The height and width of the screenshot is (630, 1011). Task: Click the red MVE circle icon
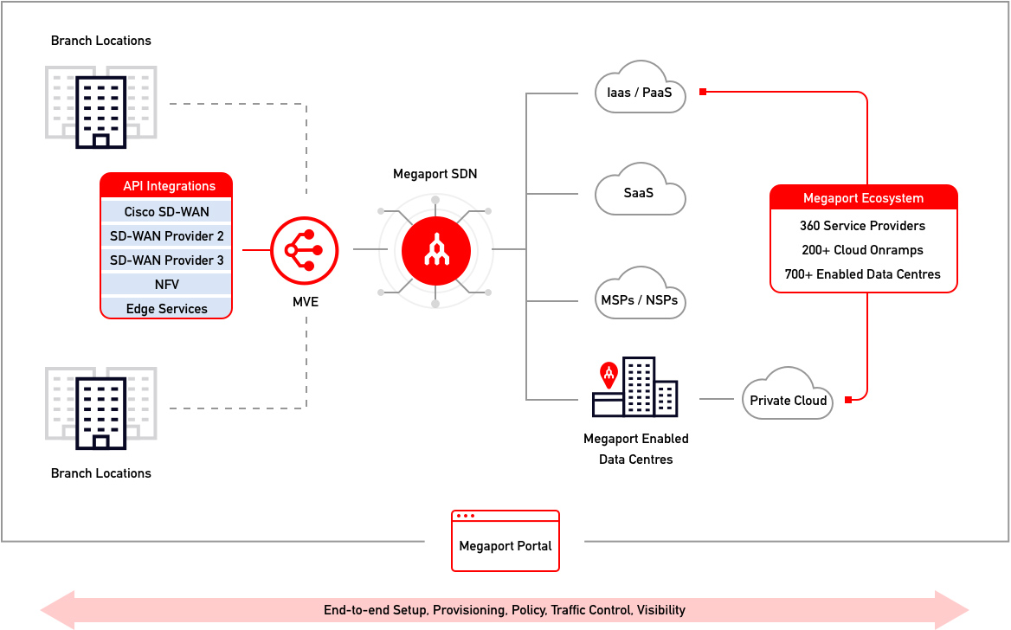[297, 250]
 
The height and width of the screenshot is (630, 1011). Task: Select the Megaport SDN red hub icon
[435, 250]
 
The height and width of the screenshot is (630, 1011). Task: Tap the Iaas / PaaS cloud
[641, 88]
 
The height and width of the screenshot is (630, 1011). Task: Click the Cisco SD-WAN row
[166, 212]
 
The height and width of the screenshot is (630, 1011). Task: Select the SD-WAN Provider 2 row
[166, 236]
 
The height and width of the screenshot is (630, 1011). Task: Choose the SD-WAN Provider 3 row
[166, 260]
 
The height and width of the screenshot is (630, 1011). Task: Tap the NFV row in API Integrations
[166, 285]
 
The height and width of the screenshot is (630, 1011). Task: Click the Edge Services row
[166, 308]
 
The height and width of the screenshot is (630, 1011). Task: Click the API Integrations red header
[166, 185]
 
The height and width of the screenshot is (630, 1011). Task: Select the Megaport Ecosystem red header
[863, 198]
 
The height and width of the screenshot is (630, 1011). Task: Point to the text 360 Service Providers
[862, 226]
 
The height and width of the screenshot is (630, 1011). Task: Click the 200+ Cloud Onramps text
[862, 250]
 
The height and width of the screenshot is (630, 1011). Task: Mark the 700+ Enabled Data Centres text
[862, 274]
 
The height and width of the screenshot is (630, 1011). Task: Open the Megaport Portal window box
[505, 542]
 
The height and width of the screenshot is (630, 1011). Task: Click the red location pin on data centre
[609, 374]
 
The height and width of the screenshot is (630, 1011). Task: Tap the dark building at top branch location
[101, 111]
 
